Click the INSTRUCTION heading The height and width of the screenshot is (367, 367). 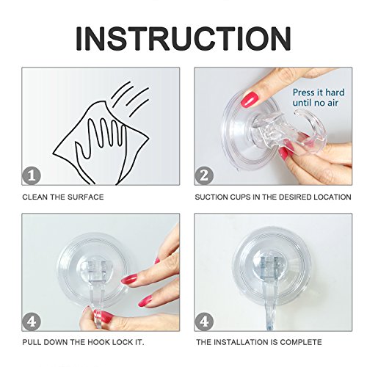(183, 39)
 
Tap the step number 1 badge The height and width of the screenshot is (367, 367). (32, 175)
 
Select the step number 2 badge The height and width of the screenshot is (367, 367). (204, 175)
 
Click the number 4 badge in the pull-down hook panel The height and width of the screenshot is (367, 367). (32, 321)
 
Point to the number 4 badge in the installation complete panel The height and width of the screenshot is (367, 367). (204, 321)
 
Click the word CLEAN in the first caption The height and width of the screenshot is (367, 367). (34, 197)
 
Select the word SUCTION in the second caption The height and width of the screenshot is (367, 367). (211, 197)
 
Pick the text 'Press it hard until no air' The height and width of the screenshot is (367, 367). (319, 98)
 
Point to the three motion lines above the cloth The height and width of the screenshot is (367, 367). (130, 98)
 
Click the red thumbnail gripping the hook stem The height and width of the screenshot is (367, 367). (105, 316)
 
